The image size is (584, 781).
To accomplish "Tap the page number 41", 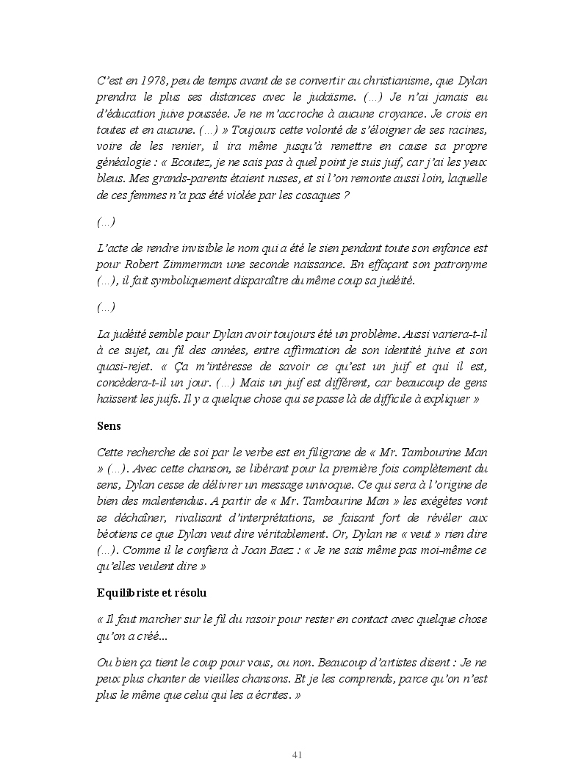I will tap(298, 755).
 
